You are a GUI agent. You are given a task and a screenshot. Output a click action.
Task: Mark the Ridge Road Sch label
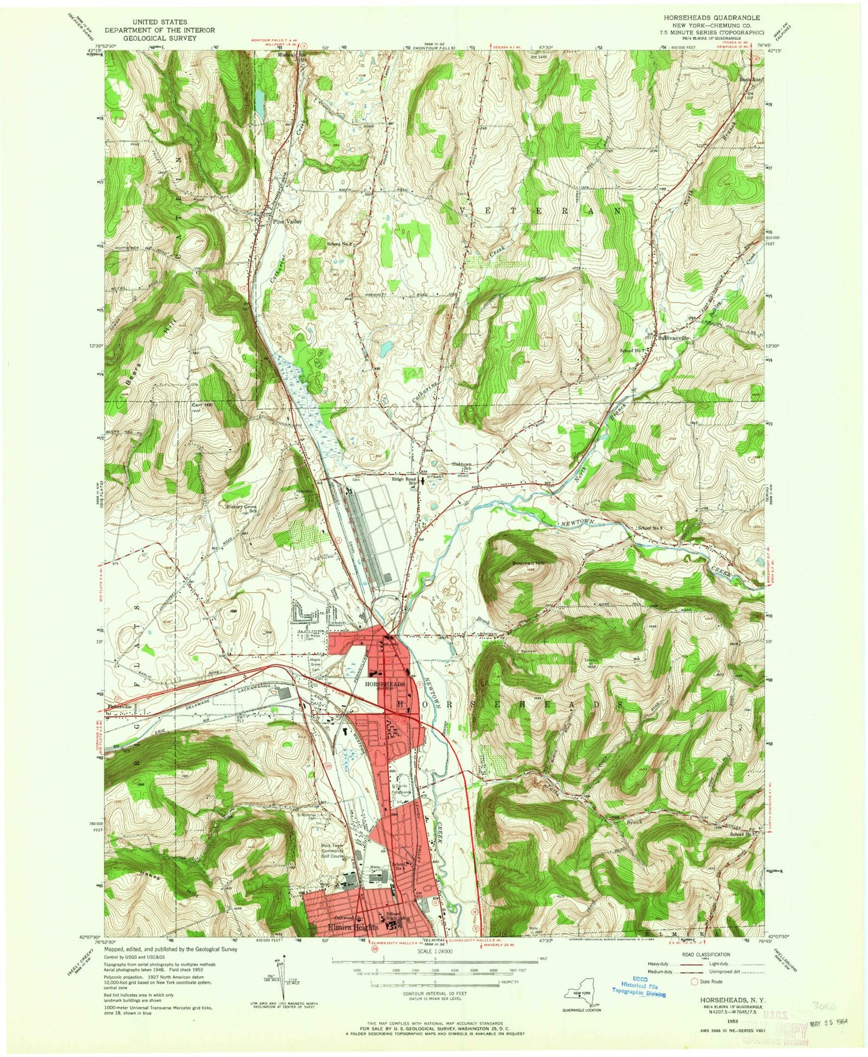405,482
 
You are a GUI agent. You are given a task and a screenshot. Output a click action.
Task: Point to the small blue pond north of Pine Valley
259,103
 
